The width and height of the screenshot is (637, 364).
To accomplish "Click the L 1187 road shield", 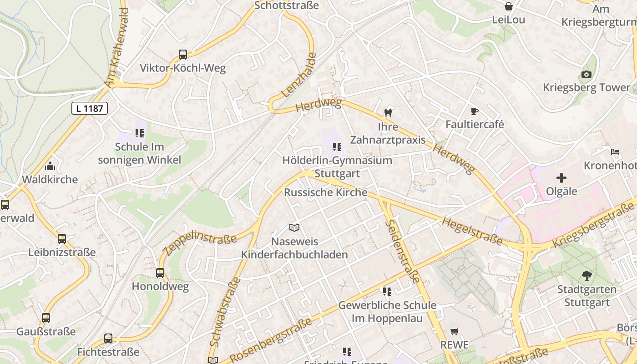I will [x=90, y=108].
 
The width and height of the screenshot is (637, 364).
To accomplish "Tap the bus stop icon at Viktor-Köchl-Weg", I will [x=183, y=55].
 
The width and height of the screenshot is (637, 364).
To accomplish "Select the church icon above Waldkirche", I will [x=50, y=166].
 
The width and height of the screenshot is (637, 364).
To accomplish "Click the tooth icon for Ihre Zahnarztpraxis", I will [x=388, y=112].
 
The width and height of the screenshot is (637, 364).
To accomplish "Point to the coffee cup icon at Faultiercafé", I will [x=475, y=111].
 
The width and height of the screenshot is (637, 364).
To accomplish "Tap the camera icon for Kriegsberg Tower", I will [x=586, y=74].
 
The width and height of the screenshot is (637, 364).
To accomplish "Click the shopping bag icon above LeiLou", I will [x=509, y=6].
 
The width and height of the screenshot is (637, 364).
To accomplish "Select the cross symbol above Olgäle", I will [x=561, y=177].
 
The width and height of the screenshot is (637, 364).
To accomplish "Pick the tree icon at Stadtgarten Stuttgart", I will [x=586, y=275].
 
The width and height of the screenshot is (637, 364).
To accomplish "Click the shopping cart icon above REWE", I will [x=454, y=331].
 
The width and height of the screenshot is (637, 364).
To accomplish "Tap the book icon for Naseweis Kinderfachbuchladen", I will [x=294, y=227].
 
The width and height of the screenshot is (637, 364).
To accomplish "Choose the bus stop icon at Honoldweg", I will [x=160, y=273].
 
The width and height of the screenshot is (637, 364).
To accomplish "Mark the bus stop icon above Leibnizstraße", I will [x=62, y=239].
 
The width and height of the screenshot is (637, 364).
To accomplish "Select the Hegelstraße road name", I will [x=472, y=231].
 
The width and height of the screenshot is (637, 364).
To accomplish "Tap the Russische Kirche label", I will [x=325, y=192].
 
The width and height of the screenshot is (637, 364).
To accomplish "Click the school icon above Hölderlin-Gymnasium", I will [x=337, y=147].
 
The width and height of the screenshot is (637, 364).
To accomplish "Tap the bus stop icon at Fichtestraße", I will [x=108, y=339].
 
